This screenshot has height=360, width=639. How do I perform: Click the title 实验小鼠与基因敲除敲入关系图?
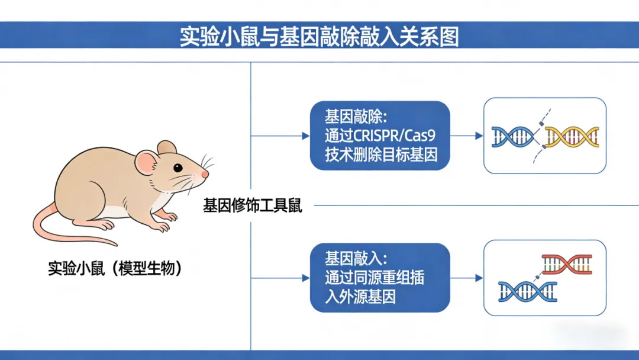click(x=319, y=37)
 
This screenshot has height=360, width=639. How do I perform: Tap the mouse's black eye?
click(x=177, y=168)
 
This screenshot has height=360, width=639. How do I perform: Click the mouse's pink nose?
click(x=205, y=174)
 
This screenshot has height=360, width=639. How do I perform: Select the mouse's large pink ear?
click(x=147, y=162)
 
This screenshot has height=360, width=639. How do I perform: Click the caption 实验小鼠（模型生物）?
click(x=115, y=268)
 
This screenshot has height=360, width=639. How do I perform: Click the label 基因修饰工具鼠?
click(x=253, y=205)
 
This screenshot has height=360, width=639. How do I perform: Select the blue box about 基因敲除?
click(x=380, y=136)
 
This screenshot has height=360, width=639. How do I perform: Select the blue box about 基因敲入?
click(x=380, y=278)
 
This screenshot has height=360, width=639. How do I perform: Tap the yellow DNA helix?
click(x=572, y=137)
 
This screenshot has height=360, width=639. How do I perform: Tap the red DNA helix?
click(x=567, y=264)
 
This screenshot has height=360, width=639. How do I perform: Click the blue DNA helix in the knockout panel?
click(x=512, y=137)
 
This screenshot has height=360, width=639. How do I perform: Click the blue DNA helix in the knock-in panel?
click(x=528, y=291)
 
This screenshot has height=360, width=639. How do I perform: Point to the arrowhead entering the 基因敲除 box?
click(x=306, y=136)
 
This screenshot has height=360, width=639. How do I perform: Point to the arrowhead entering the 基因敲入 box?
click(x=306, y=278)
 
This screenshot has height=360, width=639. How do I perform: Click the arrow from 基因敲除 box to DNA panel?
click(x=467, y=136)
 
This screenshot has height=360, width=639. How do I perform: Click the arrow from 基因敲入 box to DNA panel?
click(x=467, y=278)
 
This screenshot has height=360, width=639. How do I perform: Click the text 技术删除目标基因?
click(x=381, y=155)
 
